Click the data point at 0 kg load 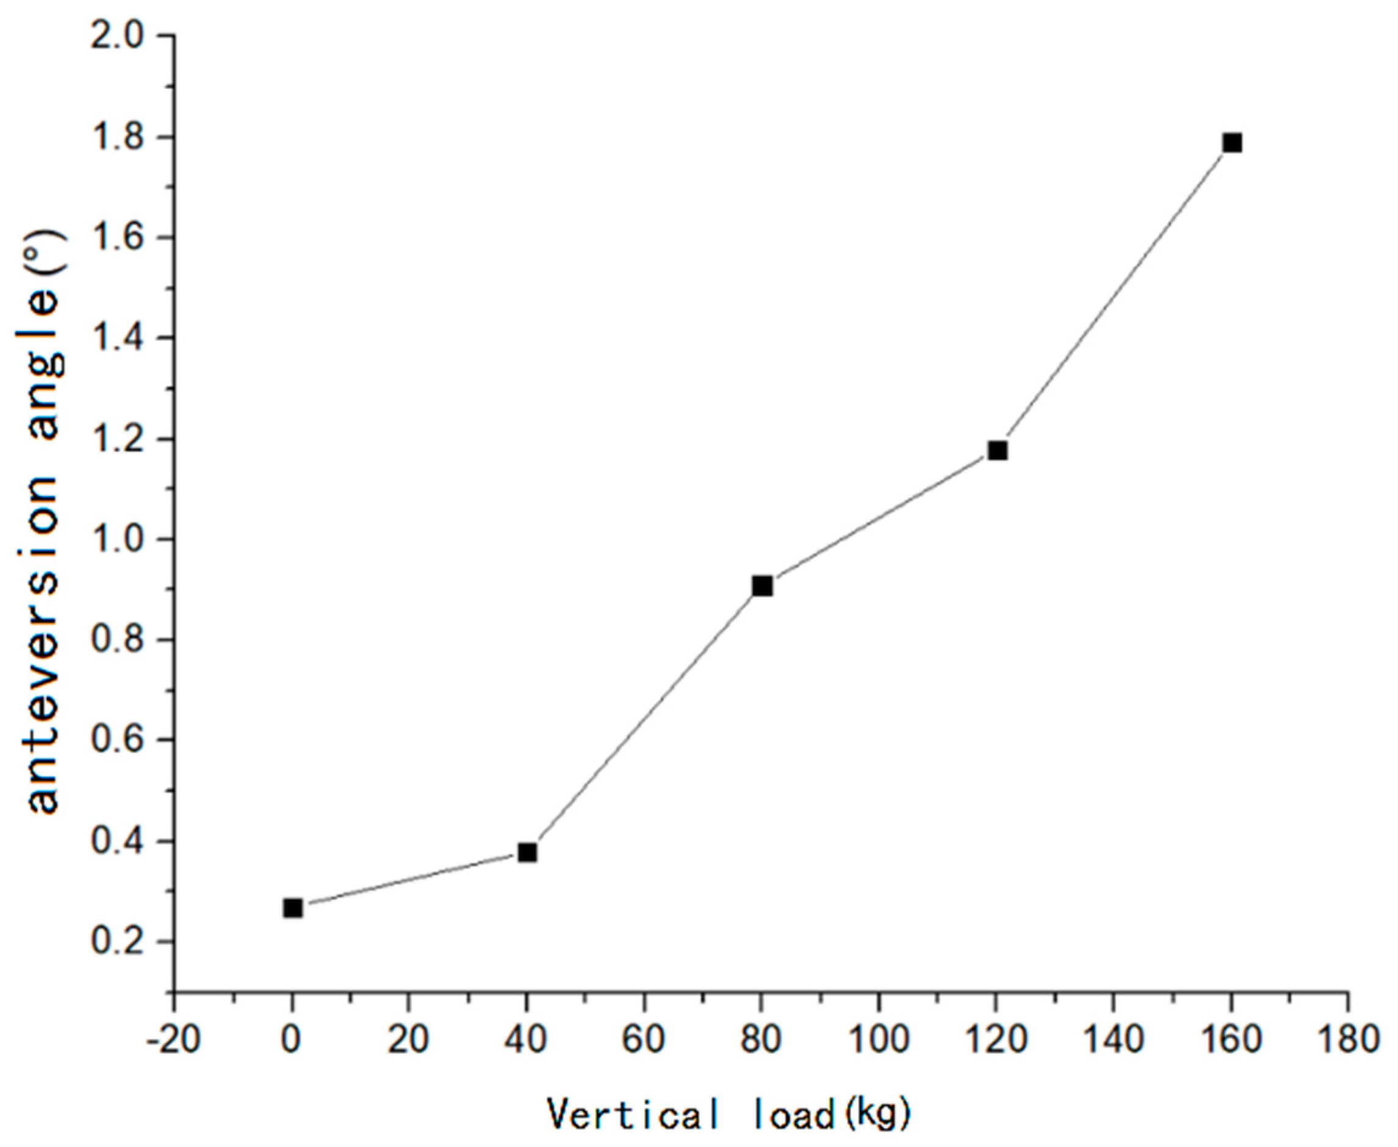[293, 908]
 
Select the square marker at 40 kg [527, 853]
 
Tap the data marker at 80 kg [762, 586]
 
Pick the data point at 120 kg [997, 451]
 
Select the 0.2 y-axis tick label [118, 942]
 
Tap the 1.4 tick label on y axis [118, 338]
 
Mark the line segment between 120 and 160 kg [1114, 297]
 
